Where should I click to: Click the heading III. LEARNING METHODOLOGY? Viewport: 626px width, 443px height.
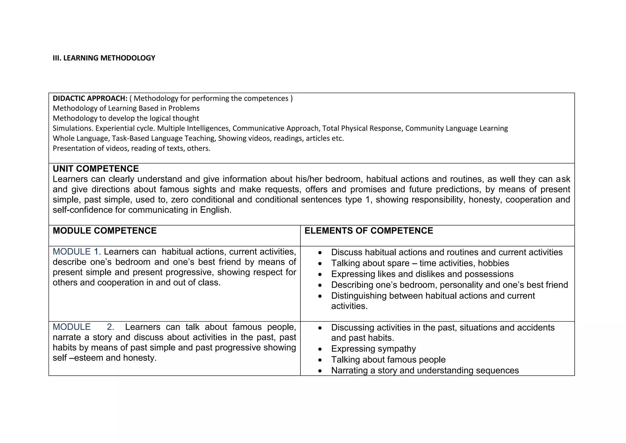tap(104, 58)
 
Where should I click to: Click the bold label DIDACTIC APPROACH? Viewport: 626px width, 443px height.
tap(90, 98)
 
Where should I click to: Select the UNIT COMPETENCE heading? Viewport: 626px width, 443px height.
tap(96, 169)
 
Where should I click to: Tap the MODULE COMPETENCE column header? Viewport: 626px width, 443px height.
tap(105, 231)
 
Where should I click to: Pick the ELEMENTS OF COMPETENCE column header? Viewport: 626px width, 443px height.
tap(369, 231)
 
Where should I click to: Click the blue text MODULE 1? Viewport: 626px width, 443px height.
tap(76, 252)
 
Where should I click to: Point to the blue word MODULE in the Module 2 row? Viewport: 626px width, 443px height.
tap(72, 327)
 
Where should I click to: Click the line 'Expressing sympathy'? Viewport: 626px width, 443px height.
tap(373, 349)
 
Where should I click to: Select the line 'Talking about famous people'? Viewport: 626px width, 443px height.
tap(388, 359)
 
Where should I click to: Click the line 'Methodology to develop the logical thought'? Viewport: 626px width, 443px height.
tap(126, 118)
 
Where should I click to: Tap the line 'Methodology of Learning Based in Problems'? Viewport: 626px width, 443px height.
tap(126, 108)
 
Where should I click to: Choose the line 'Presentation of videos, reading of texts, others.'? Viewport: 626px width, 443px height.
tap(131, 148)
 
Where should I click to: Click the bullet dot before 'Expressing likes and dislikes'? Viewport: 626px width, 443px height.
tap(320, 274)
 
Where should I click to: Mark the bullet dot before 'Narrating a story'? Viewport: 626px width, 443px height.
tap(320, 371)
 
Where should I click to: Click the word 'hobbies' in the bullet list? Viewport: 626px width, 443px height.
tap(493, 263)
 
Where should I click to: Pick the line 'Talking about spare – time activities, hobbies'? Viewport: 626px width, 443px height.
tap(420, 263)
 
